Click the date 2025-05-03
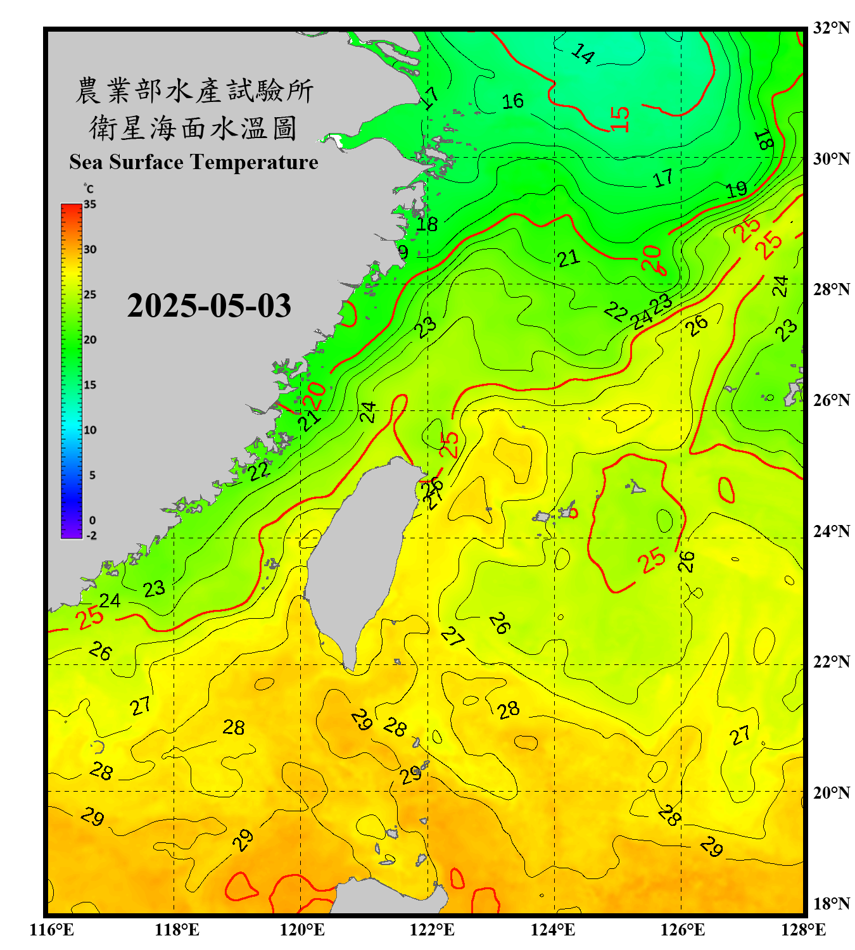tap(209, 306)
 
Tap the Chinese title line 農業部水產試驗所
tap(194, 91)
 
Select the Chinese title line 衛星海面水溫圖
tap(193, 129)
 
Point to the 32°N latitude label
tap(831, 28)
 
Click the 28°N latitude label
tap(831, 289)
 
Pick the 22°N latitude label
tap(831, 662)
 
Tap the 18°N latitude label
tap(831, 904)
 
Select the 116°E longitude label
tap(52, 930)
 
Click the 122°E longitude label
tap(432, 930)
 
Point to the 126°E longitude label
tap(682, 930)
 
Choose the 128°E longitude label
tap(803, 930)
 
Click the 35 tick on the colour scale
tap(90, 205)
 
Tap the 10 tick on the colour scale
tap(90, 430)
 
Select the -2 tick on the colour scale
tap(91, 535)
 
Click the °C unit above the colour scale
tap(89, 189)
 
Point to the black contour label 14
tap(583, 54)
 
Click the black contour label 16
tap(512, 101)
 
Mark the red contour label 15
tap(620, 118)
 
